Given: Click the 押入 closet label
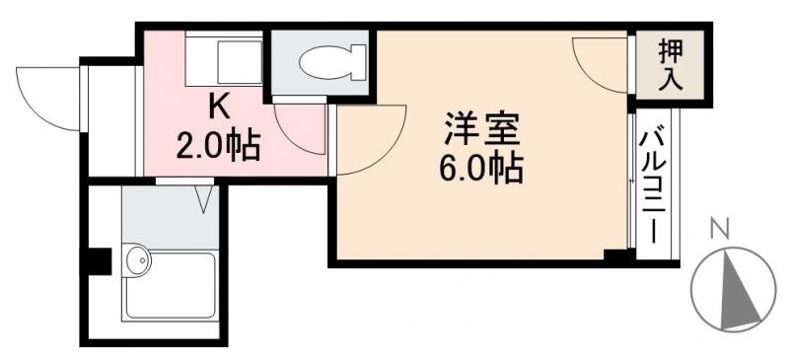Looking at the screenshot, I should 671,65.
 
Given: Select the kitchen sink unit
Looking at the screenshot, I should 226,59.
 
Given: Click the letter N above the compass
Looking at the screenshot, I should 720,230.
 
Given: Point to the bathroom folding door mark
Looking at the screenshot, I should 205,198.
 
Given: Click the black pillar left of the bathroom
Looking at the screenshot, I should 98,261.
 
